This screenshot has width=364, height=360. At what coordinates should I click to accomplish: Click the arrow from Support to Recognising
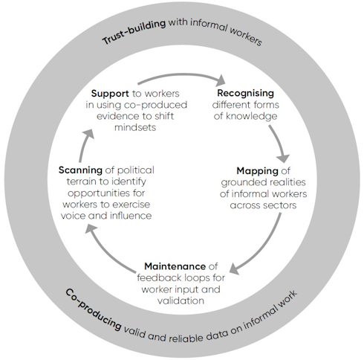pyautogui.click(x=186, y=77)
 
